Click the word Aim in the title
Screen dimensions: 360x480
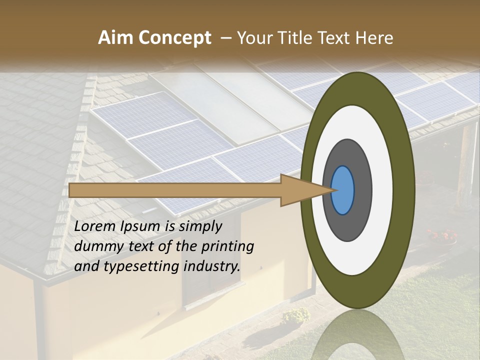click(115, 38)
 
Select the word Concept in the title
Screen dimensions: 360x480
click(174, 38)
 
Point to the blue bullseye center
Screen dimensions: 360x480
click(342, 190)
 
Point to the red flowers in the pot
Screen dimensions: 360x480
click(441, 235)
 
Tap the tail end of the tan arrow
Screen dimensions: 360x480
click(72, 190)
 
